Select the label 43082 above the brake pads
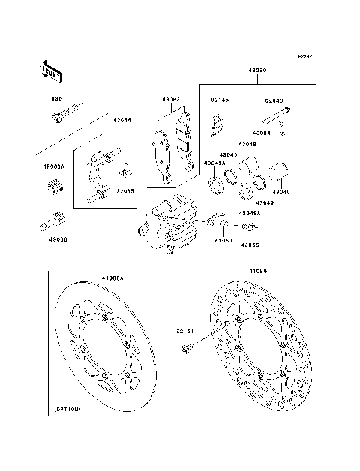coord(170,99)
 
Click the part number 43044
coord(122,120)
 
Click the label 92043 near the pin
coord(274,99)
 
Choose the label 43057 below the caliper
coord(223,240)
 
